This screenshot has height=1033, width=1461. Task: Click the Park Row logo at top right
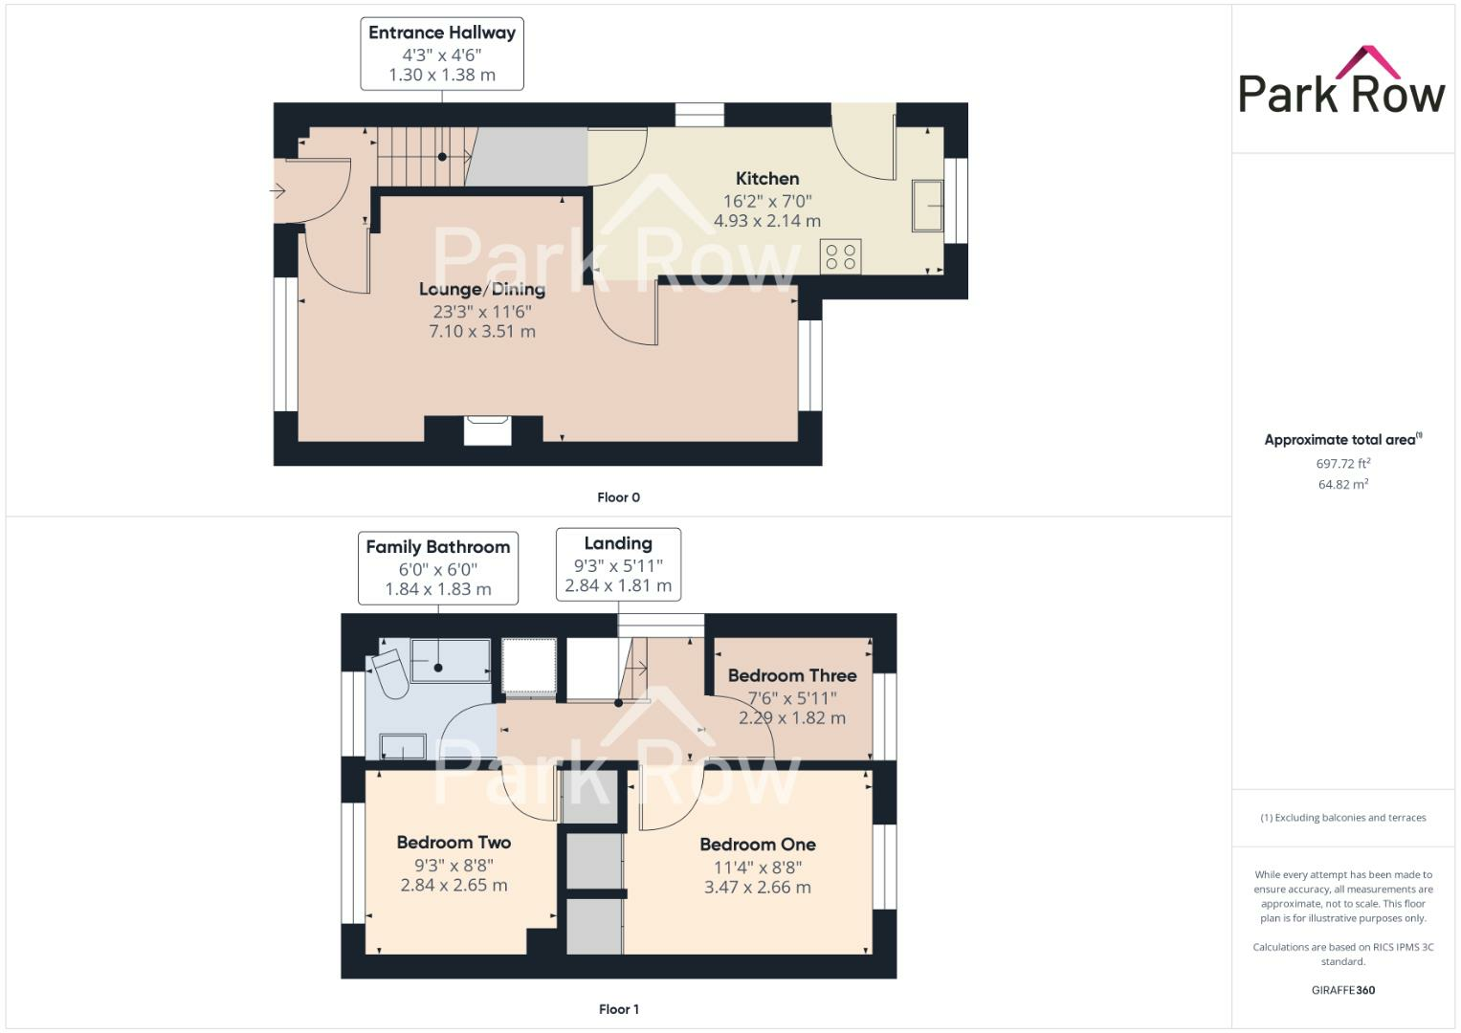tap(1341, 82)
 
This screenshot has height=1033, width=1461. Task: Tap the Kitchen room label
tap(767, 179)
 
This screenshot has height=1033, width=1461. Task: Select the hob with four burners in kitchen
tap(840, 256)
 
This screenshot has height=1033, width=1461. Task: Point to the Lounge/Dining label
tap(482, 290)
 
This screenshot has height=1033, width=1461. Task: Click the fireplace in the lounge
tap(488, 429)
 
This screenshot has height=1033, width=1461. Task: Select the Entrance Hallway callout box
tap(442, 54)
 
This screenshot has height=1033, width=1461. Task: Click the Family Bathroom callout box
tap(438, 568)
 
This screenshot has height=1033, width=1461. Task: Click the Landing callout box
tap(618, 564)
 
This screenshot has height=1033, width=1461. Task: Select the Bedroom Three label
tap(792, 675)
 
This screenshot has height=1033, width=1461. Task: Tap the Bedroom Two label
tap(454, 843)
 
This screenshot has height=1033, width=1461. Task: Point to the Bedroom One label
tap(758, 845)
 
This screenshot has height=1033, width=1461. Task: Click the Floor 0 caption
tap(618, 497)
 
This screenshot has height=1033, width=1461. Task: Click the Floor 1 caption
tap(618, 1009)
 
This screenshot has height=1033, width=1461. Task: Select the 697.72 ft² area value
tap(1342, 464)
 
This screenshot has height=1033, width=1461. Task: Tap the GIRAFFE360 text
tap(1342, 990)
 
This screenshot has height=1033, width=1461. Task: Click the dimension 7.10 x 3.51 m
tap(482, 332)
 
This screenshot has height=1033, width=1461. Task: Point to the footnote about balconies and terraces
tap(1342, 818)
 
